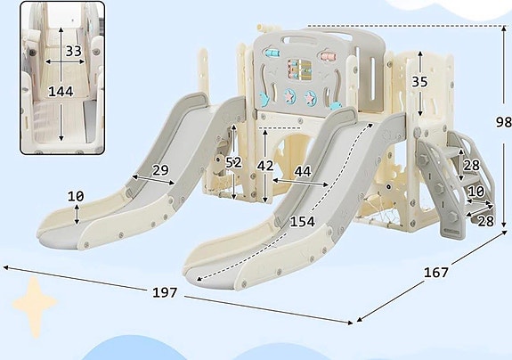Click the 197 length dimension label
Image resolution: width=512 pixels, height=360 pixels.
pos(165,292)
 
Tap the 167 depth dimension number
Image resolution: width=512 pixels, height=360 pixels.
pos(436,272)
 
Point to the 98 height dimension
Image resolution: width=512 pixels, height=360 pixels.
pos(503,122)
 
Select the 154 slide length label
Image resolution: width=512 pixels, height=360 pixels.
pos(303,222)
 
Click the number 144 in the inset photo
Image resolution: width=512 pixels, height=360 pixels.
pos(61,91)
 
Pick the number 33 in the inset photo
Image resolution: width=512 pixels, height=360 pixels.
pos(74,51)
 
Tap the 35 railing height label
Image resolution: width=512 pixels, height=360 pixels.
pos(419,82)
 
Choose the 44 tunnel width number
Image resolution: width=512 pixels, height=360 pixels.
pos(303,171)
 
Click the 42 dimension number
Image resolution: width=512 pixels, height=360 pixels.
pos(264,166)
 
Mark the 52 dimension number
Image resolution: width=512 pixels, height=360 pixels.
pos(234,162)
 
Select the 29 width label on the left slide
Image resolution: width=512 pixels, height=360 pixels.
pos(160,170)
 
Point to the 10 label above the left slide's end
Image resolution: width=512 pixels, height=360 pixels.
pos(76,196)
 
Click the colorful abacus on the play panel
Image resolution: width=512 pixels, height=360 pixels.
pos(299,70)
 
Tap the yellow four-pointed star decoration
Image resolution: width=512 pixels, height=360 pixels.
pos(35,307)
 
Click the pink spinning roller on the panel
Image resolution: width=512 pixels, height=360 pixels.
pos(329,55)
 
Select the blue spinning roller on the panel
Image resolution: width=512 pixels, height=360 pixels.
pos(272,53)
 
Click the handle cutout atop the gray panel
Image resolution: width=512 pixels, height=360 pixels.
pos(299,41)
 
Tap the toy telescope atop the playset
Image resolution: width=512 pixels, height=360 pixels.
pos(263,28)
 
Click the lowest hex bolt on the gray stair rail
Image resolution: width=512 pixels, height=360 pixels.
pos(453,216)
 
